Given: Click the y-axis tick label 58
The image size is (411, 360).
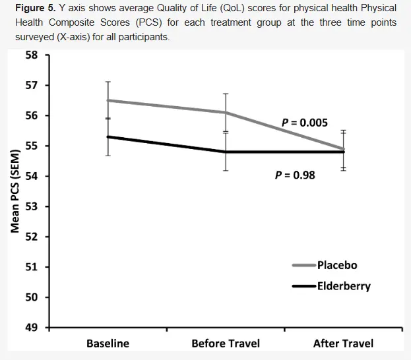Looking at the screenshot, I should click(30, 55).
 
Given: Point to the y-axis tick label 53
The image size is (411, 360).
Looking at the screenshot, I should click(30, 206).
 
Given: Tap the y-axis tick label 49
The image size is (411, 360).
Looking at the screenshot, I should click(30, 328).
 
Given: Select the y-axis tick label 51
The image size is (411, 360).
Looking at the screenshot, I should click(30, 267).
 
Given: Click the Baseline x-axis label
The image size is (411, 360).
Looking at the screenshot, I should click(108, 344).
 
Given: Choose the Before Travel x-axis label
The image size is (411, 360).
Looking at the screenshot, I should click(226, 344).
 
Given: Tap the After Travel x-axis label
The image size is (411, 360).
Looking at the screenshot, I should click(343, 344).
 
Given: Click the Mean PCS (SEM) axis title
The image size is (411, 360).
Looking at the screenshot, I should click(15, 191).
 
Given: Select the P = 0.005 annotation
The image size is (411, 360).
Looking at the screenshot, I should click(305, 123).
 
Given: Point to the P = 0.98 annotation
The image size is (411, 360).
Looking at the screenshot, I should click(296, 175).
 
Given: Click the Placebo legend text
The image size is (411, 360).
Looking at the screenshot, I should click(337, 265).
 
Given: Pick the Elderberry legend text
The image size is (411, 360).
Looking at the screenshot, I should click(344, 286).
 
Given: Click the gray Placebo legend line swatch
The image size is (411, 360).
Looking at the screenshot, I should click(304, 265).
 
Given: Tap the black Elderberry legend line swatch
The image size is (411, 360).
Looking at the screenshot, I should click(304, 286).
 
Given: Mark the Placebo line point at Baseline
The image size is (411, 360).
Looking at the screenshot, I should click(108, 100).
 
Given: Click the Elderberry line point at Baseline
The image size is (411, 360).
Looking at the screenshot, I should click(108, 136).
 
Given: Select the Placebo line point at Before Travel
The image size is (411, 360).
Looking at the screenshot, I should click(226, 112).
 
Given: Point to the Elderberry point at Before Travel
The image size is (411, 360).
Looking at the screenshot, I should click(226, 152).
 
